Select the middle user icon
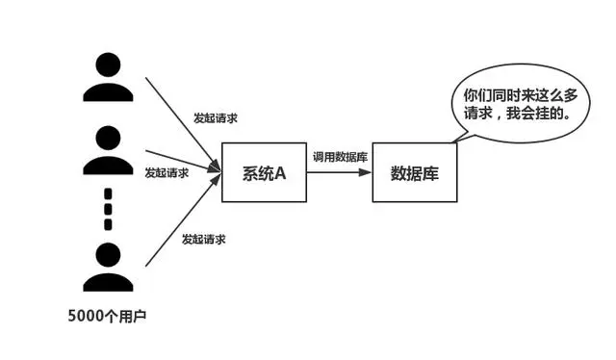click(x=108, y=154)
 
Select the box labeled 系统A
click(x=264, y=173)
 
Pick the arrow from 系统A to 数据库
click(x=339, y=173)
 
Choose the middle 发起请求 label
click(x=167, y=173)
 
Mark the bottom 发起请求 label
click(x=204, y=238)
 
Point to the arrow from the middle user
click(x=178, y=161)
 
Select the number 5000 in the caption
click(x=89, y=316)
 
